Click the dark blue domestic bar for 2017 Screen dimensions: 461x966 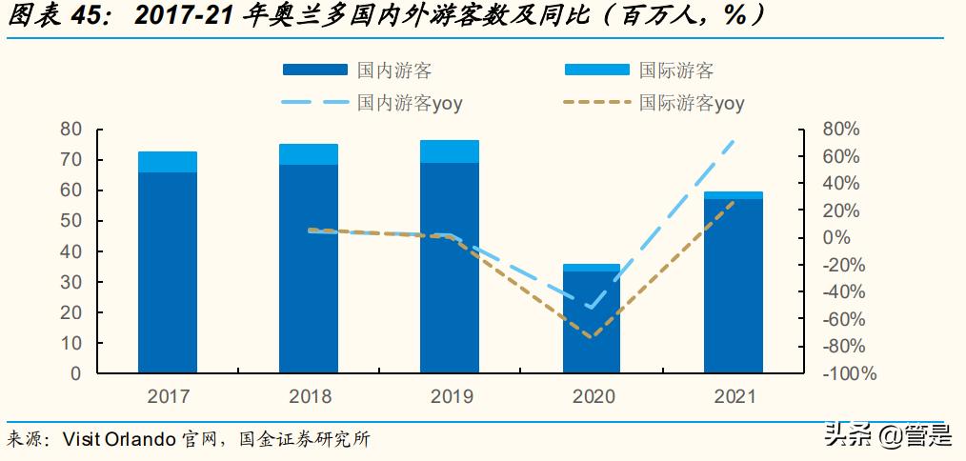168,271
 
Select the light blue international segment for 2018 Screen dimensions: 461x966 309,154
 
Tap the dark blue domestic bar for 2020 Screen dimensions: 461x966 591,321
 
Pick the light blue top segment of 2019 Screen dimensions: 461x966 450,151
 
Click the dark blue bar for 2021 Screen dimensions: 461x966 733,285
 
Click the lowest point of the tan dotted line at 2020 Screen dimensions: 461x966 591,336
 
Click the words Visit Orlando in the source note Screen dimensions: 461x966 118,439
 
